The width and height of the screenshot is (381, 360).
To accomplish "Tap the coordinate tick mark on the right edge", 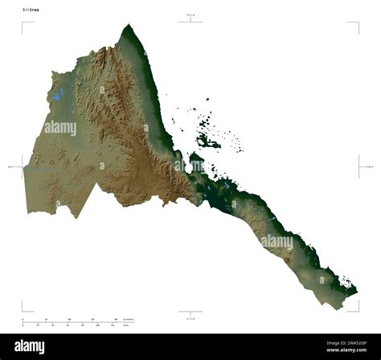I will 358,166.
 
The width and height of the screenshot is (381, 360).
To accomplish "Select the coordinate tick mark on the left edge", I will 23,166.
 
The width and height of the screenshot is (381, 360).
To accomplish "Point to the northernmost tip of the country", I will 126,26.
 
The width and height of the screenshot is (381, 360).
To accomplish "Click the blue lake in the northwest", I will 57,95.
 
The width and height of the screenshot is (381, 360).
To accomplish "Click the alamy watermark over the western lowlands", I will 60,128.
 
